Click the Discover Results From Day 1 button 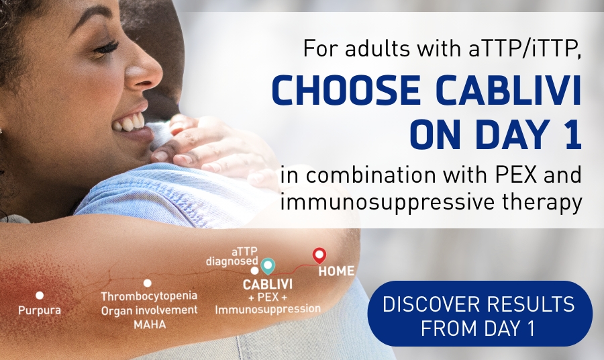(x=480, y=314)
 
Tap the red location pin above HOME (x=319, y=255)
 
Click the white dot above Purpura (x=40, y=296)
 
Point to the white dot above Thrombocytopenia (x=147, y=283)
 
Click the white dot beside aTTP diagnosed (x=254, y=271)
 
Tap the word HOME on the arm (x=336, y=271)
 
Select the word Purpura (x=40, y=310)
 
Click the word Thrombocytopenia (x=149, y=296)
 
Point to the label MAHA (x=150, y=324)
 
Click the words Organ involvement (x=150, y=310)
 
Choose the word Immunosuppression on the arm (x=268, y=309)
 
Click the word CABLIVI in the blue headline (x=509, y=91)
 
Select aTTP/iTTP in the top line (x=524, y=48)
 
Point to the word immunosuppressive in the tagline (x=387, y=202)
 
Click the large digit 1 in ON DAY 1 (x=572, y=134)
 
